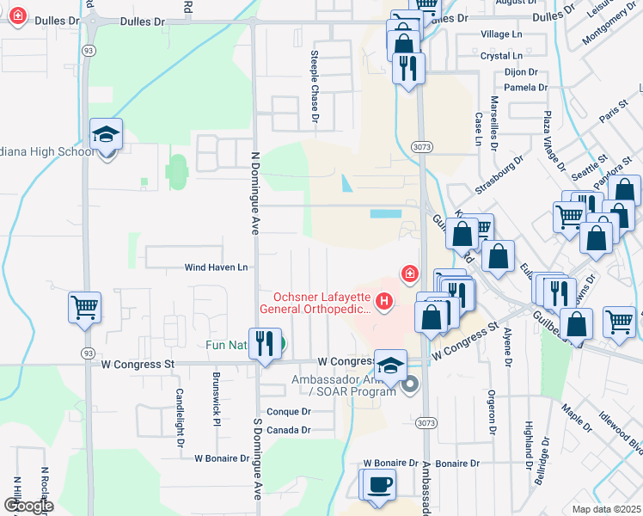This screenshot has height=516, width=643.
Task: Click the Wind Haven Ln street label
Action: [217, 267]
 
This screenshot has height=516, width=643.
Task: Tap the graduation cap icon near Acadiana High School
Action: [107, 136]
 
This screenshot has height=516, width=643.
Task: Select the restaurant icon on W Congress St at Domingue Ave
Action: [265, 343]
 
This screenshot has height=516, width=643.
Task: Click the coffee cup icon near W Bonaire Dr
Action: [379, 484]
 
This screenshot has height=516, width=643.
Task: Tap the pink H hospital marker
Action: [384, 302]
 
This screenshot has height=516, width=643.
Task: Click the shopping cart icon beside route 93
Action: [85, 306]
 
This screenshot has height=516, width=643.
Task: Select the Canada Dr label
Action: [288, 430]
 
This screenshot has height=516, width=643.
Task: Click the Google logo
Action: [28, 507]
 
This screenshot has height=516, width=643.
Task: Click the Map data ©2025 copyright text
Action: [606, 509]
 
